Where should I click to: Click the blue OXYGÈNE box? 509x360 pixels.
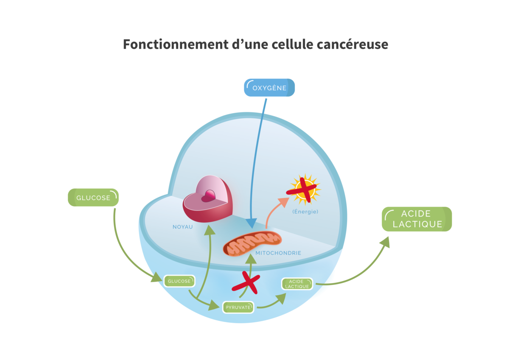pyautogui.click(x=269, y=88)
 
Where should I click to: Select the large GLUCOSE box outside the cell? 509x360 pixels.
pyautogui.click(x=93, y=198)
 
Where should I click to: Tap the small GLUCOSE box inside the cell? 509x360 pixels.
pyautogui.click(x=179, y=281)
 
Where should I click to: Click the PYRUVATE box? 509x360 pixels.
pyautogui.click(x=238, y=307)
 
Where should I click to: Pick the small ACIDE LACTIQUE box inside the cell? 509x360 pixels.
pyautogui.click(x=297, y=284)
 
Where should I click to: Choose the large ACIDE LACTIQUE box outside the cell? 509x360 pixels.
pyautogui.click(x=417, y=219)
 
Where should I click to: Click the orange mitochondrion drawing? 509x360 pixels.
pyautogui.click(x=252, y=244)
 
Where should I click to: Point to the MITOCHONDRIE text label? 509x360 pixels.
pyautogui.click(x=278, y=253)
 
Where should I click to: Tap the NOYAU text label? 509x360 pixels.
pyautogui.click(x=182, y=227)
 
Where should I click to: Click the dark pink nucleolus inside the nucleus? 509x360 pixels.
pyautogui.click(x=208, y=196)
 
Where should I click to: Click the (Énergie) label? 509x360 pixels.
pyautogui.click(x=305, y=211)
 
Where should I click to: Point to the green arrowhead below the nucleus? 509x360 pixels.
pyautogui.click(x=209, y=230)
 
